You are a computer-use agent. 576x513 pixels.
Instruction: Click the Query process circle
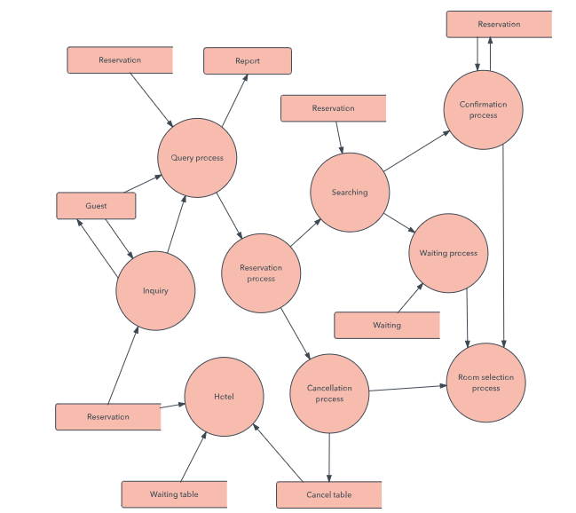click(x=197, y=158)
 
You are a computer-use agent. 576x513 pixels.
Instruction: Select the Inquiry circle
click(x=155, y=290)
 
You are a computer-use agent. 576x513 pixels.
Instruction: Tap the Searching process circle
click(x=349, y=193)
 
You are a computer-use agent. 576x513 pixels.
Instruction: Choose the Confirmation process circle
click(x=484, y=109)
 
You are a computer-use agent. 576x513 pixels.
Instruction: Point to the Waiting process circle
click(x=448, y=253)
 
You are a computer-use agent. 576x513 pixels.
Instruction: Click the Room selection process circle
click(x=485, y=383)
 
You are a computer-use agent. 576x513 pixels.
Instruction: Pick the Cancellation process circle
click(x=329, y=393)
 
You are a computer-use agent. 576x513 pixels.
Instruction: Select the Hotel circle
click(x=224, y=397)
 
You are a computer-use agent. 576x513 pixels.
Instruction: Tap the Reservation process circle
click(x=261, y=273)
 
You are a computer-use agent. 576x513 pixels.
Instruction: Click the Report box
click(x=248, y=61)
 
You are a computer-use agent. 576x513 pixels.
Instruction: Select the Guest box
click(x=96, y=206)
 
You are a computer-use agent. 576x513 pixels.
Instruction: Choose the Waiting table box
click(x=174, y=493)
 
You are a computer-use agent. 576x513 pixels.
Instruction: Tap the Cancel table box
click(x=329, y=494)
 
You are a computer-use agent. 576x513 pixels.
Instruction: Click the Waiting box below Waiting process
click(x=387, y=325)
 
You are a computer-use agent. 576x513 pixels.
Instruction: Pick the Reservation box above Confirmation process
click(x=499, y=25)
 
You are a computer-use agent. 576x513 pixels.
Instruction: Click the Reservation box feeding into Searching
click(x=333, y=108)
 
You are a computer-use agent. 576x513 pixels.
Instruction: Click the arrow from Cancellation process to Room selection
click(x=406, y=389)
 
